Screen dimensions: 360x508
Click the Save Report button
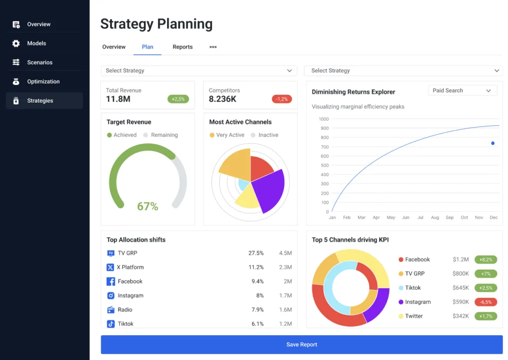[x=301, y=345]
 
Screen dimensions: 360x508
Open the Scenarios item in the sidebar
[x=40, y=62]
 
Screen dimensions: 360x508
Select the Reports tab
[x=183, y=47]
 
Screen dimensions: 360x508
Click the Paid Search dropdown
[x=461, y=91]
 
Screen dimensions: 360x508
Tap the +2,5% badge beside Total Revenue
[x=178, y=99]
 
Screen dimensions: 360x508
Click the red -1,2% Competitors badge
[x=282, y=99]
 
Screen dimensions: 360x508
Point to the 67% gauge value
[x=147, y=206]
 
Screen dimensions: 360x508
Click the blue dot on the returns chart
[x=493, y=143]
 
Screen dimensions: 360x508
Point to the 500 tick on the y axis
[x=324, y=166]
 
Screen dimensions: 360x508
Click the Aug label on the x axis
[x=435, y=218]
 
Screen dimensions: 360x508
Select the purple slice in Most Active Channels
[x=268, y=188]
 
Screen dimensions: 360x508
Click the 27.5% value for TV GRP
[x=256, y=253]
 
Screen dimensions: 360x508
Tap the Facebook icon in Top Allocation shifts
[x=111, y=282]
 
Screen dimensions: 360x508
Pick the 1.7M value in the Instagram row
[x=285, y=296]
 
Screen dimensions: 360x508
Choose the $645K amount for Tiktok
[x=461, y=288]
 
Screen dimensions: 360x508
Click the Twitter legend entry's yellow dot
[x=401, y=316]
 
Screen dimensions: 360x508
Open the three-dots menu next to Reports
[x=213, y=47]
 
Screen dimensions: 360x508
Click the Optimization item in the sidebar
[x=43, y=82]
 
